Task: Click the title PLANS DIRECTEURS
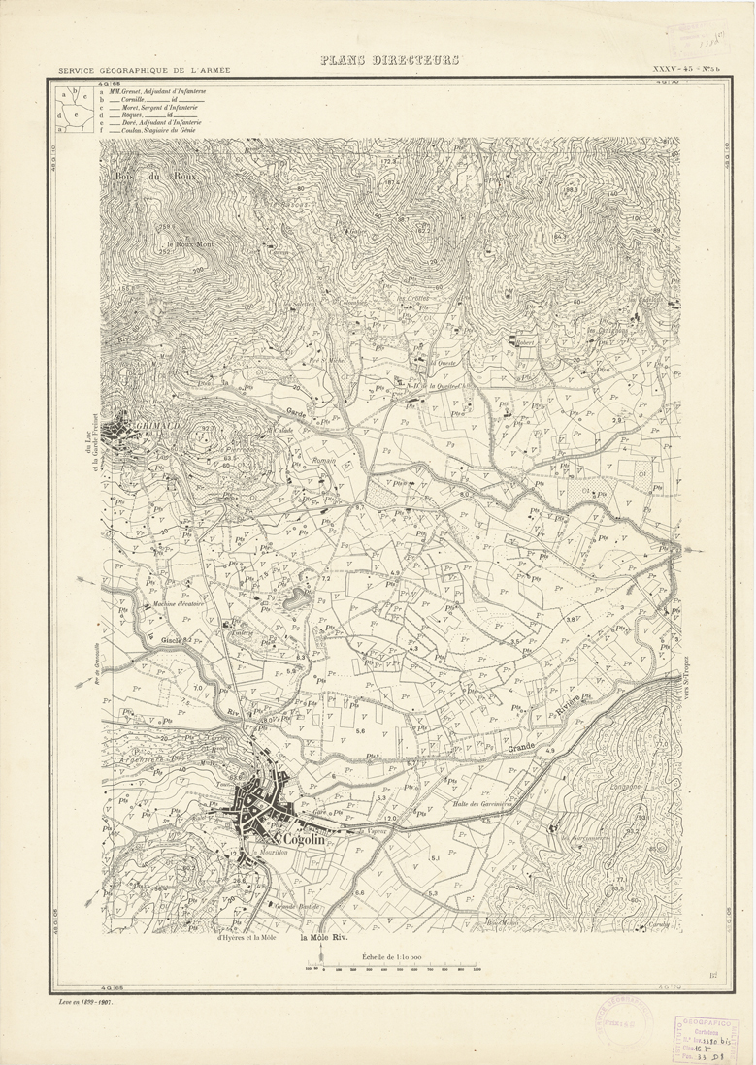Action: tap(389, 61)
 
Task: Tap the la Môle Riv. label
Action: tap(322, 938)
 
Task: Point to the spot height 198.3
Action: tap(572, 190)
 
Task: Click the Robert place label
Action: tap(525, 342)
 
